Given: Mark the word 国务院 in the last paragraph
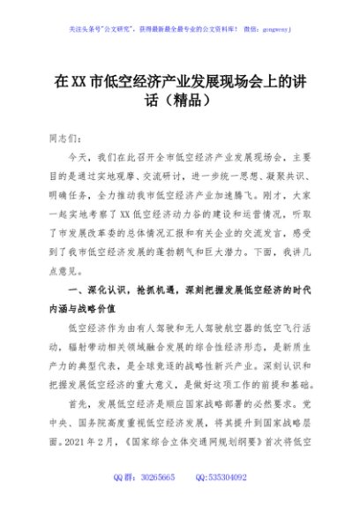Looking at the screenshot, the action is point(85,443).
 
